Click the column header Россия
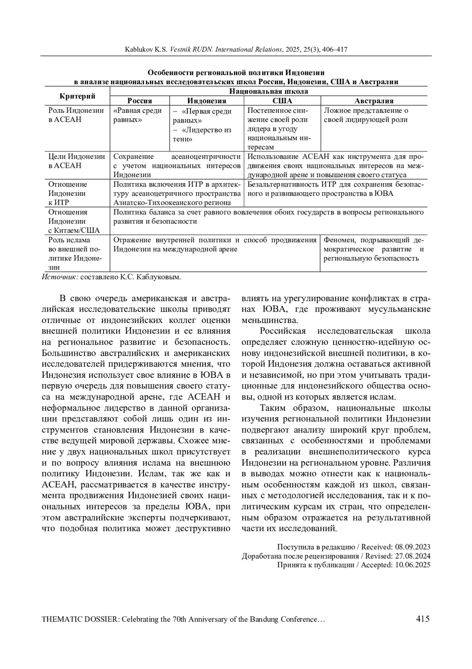tap(140, 101)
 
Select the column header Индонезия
tap(206, 101)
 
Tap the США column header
tap(282, 101)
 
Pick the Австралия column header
tap(374, 101)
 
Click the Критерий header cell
tap(77, 96)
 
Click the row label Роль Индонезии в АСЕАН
tap(76, 115)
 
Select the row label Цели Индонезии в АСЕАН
tap(76, 161)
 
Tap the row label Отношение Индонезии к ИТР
tap(67, 193)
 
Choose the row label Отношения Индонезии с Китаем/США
tap(74, 221)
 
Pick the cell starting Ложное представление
tap(366, 115)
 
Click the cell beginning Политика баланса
tap(268, 217)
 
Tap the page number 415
tap(422, 619)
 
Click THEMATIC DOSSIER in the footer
tap(79, 619)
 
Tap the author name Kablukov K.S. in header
tap(146, 50)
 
